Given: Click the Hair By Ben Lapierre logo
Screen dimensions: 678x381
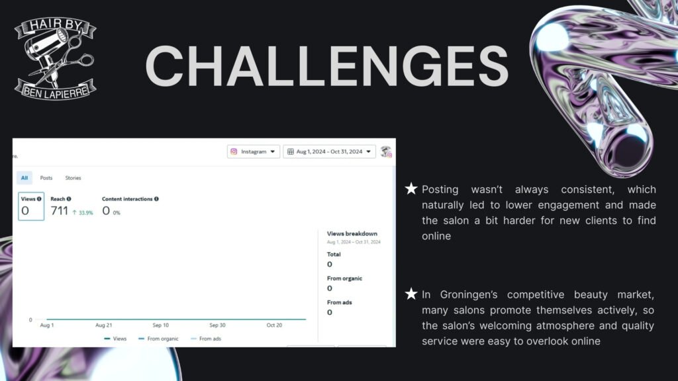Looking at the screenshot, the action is (x=56, y=58).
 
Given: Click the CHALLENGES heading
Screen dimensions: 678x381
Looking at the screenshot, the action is (x=327, y=66).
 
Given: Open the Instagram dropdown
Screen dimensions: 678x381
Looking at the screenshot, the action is (x=254, y=151).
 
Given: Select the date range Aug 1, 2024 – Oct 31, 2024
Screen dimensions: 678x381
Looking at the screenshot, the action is (x=330, y=151).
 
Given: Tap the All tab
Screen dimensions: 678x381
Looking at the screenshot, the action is (x=24, y=178).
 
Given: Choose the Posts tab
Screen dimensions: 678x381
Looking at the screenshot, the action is (x=46, y=178).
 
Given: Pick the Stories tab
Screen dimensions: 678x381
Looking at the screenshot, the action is (x=73, y=178).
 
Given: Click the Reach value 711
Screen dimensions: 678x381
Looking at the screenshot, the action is (x=59, y=211).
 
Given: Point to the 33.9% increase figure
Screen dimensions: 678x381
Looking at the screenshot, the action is (x=83, y=212).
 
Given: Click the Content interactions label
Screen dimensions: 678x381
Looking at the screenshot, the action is (x=127, y=199).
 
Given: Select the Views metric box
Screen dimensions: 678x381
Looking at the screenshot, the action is (x=31, y=206).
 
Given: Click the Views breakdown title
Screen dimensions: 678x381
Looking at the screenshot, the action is (x=352, y=233).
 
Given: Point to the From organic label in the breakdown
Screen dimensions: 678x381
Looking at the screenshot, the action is (x=344, y=278).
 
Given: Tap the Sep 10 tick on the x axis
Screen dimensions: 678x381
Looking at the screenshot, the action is (x=160, y=325).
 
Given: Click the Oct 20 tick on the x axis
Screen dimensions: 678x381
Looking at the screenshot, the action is (x=274, y=325).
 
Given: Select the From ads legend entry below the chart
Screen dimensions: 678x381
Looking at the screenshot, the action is (x=206, y=339).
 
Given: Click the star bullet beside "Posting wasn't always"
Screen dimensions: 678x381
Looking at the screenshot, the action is (x=411, y=189).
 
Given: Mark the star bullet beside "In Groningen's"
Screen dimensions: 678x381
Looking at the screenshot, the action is (x=411, y=294).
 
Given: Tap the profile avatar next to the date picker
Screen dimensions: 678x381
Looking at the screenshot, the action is (x=386, y=151).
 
